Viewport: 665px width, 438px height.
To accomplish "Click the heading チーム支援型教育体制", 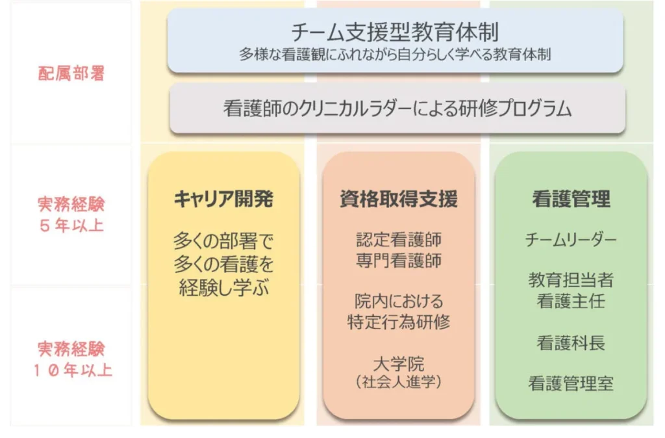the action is click(395, 32).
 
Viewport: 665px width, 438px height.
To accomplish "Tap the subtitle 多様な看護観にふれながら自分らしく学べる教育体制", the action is click(395, 55).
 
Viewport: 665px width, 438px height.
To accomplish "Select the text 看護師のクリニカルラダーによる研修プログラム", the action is click(397, 109).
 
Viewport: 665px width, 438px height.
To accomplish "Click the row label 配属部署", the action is click(71, 73).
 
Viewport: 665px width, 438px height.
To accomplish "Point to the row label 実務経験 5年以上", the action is click(71, 214).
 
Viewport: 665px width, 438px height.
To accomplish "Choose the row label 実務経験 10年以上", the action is click(72, 359).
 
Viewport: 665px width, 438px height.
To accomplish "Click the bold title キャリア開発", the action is click(223, 199).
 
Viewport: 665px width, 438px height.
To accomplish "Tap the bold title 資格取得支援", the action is click(399, 199).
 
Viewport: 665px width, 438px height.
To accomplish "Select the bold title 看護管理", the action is click(571, 199).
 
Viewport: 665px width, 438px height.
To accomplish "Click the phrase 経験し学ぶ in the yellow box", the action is click(224, 288).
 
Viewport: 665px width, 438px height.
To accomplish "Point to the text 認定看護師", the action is click(399, 240).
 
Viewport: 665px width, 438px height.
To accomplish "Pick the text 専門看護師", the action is click(399, 260).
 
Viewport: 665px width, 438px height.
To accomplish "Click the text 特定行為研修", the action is click(399, 322).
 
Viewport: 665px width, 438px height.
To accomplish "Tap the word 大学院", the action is click(399, 364).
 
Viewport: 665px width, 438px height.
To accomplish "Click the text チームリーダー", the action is click(571, 240).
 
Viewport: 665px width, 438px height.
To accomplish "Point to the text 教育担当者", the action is click(571, 280).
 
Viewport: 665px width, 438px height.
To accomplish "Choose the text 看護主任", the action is click(571, 301).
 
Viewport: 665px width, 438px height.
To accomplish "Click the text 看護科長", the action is click(571, 343).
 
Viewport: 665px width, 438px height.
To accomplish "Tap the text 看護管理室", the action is click(571, 383).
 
